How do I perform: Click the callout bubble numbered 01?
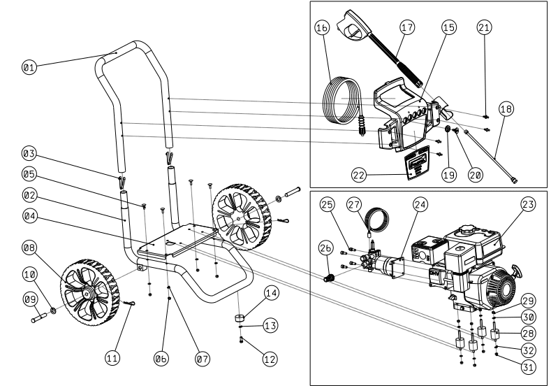[29, 67]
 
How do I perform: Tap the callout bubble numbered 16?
[322, 27]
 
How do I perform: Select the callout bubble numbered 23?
[528, 204]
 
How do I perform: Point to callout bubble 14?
[271, 293]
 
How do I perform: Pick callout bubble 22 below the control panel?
[359, 175]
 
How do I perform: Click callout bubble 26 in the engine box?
[325, 248]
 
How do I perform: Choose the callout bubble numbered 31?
[528, 367]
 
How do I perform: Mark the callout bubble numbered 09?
[30, 299]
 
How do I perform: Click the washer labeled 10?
[53, 310]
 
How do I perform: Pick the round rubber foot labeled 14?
[240, 318]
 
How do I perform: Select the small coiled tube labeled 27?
[377, 220]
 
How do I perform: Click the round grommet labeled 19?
[448, 129]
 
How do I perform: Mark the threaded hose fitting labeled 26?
[328, 278]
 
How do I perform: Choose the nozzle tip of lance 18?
[514, 180]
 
